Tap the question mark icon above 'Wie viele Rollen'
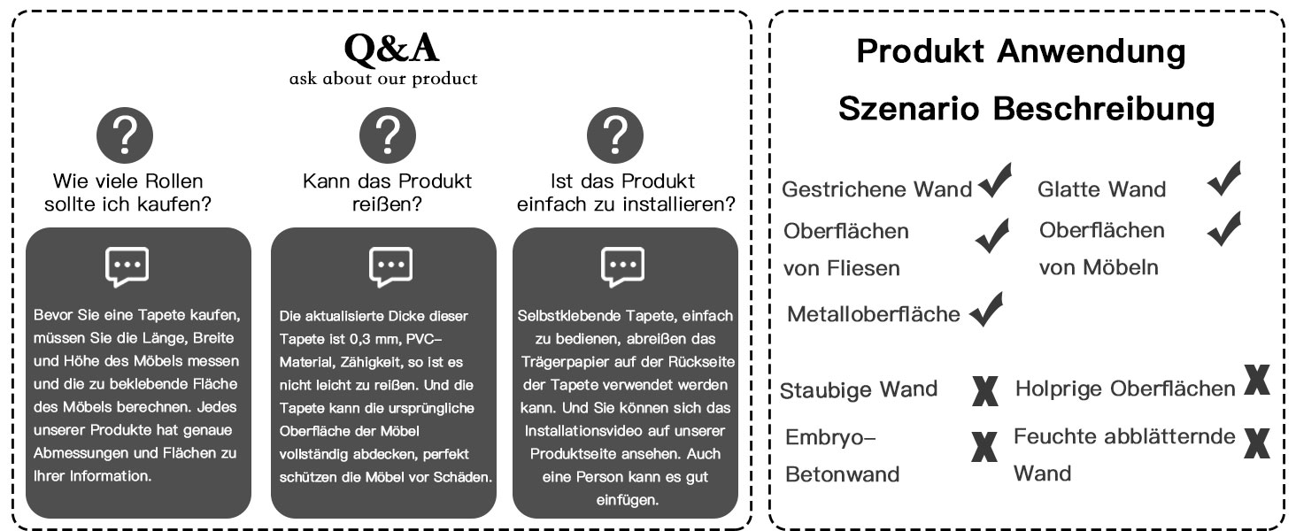point(125,135)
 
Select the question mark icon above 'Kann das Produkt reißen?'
point(387,135)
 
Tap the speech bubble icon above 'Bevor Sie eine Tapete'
point(127,266)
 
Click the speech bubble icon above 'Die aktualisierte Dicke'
point(390,266)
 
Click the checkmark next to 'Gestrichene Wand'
point(995,181)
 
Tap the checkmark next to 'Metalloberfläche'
point(986,309)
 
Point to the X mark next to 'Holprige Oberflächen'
point(1256,380)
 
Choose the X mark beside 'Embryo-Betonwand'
point(982,448)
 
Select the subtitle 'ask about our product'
point(382,79)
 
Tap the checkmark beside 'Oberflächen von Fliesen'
point(991,236)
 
